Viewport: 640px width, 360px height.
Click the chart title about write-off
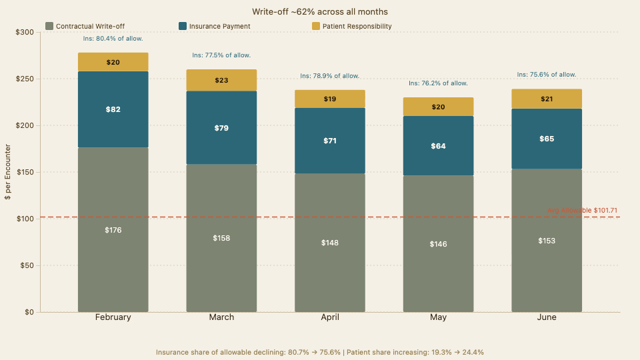click(320, 12)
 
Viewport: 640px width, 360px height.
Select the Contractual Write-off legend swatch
click(49, 26)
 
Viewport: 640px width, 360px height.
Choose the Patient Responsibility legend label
click(357, 26)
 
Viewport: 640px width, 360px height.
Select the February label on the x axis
click(113, 317)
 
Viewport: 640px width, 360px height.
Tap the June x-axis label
click(547, 317)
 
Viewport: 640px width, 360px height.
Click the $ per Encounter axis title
click(9, 172)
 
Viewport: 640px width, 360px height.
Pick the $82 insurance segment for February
click(113, 109)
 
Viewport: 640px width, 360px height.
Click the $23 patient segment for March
click(221, 80)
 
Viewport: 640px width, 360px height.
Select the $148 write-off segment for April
click(330, 243)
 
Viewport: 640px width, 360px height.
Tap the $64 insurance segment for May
click(438, 146)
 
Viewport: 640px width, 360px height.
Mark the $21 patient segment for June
click(547, 99)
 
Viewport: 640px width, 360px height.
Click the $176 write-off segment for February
click(113, 230)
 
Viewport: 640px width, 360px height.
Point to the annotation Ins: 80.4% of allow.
click(113, 39)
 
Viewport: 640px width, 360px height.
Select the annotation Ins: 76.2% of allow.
click(438, 83)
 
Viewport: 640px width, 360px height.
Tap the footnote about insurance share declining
click(320, 351)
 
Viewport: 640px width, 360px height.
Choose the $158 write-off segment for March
click(221, 238)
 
